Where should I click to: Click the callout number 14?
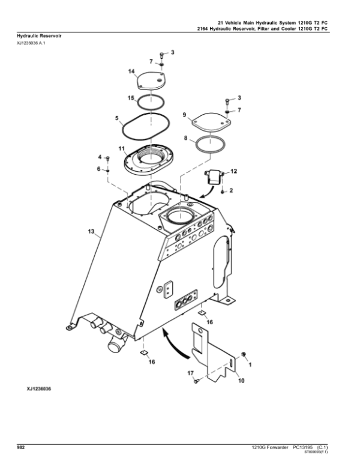click(x=131, y=71)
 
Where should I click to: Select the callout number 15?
click(x=131, y=98)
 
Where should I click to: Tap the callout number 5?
click(x=117, y=118)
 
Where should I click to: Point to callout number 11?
click(x=121, y=148)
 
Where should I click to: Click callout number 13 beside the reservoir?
click(x=91, y=231)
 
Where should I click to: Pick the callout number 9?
click(x=184, y=115)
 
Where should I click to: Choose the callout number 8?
click(x=186, y=138)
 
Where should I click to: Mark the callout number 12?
click(x=234, y=171)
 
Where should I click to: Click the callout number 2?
click(x=231, y=190)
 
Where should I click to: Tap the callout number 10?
click(x=241, y=380)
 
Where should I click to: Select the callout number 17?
click(x=190, y=373)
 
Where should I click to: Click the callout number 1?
click(x=250, y=365)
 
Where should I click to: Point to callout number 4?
click(x=100, y=157)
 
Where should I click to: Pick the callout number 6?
click(x=98, y=169)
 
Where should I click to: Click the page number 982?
click(x=21, y=447)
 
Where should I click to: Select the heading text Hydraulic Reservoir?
click(x=39, y=35)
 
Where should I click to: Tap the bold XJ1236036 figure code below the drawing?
click(x=39, y=389)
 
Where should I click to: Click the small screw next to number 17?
click(x=196, y=381)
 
